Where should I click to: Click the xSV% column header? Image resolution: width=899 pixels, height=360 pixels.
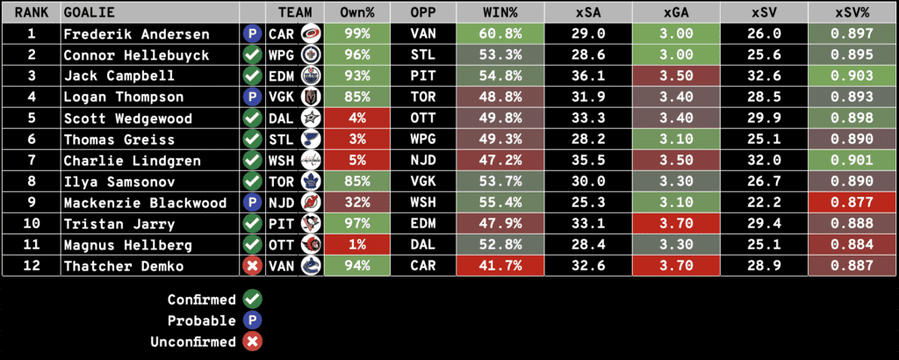(852, 13)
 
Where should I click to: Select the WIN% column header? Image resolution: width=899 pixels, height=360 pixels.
(500, 13)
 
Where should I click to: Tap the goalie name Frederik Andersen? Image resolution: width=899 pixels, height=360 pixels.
(136, 34)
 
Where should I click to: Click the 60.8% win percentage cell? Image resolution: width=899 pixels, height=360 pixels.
(500, 34)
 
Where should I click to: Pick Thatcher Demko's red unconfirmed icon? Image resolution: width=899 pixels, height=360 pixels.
(253, 266)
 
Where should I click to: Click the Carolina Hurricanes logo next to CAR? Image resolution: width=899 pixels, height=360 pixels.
(310, 34)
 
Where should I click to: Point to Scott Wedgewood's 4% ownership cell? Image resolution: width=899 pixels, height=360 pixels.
(356, 119)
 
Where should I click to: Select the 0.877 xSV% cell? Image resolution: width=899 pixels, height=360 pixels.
(852, 203)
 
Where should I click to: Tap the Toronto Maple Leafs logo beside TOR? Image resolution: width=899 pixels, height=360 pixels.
(310, 182)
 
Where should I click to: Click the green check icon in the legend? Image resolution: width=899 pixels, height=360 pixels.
(253, 299)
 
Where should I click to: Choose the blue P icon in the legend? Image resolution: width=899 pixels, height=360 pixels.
(253, 320)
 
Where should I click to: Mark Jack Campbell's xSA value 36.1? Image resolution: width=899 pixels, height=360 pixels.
(588, 76)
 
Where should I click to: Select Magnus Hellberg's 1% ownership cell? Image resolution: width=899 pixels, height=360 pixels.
(356, 245)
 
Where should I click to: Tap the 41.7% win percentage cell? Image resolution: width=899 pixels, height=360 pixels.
(500, 266)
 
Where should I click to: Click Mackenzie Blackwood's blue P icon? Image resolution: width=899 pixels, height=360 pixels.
(253, 203)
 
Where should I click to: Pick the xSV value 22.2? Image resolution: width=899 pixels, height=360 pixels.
(764, 203)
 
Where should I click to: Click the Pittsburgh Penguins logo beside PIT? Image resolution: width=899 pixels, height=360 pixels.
(310, 224)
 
